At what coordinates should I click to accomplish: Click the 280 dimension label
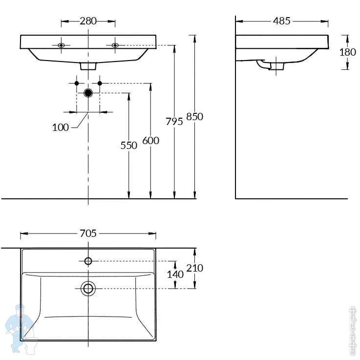click(x=88, y=21)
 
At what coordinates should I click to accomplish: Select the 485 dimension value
click(x=282, y=21)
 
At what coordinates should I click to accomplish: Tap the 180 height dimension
click(x=347, y=52)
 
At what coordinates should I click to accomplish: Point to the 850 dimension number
click(x=194, y=117)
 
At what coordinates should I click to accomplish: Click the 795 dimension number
click(x=174, y=122)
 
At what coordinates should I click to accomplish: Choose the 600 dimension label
click(x=150, y=141)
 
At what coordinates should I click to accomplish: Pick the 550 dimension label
click(x=129, y=145)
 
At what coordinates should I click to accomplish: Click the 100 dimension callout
click(x=60, y=127)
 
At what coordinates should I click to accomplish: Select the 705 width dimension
click(x=88, y=233)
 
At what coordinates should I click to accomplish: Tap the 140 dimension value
click(x=175, y=275)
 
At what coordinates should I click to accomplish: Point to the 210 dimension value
click(x=194, y=268)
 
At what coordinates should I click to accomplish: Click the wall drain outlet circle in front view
click(x=88, y=93)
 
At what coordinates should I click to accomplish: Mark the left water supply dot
click(x=77, y=83)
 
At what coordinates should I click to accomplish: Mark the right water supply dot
click(x=100, y=83)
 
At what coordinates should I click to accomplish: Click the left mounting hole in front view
click(x=61, y=45)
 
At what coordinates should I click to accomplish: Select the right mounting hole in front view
click(x=115, y=45)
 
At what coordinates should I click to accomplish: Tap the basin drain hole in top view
click(x=88, y=288)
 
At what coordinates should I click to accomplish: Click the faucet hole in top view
click(x=88, y=261)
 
